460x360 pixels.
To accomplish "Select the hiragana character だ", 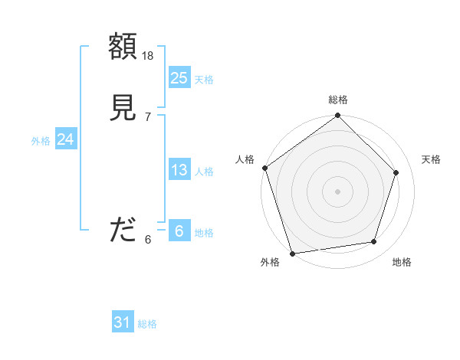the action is tap(123, 231).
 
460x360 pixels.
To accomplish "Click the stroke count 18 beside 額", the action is tap(148, 56).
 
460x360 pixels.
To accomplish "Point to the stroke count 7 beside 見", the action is tap(147, 117).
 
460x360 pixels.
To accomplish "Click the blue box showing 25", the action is tap(179, 78).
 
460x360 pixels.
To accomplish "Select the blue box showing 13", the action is tap(179, 170).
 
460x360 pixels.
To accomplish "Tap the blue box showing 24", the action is tap(66, 139).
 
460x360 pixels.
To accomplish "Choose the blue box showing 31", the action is tap(123, 322).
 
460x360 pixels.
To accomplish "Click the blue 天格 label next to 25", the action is tap(204, 80).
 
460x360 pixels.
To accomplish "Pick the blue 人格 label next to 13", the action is tap(204, 172).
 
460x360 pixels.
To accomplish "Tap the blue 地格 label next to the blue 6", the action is tap(204, 233).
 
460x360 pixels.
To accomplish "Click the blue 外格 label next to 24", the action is tap(41, 141).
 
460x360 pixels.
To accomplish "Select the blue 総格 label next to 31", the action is tap(147, 324).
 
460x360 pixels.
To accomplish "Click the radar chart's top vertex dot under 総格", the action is tap(337, 116).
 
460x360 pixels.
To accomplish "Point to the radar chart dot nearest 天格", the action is tap(396, 172).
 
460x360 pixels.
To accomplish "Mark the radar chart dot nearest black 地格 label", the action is tap(374, 242).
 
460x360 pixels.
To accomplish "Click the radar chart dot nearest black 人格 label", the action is tap(264, 168).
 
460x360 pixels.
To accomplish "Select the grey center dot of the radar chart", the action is tap(337, 191).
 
